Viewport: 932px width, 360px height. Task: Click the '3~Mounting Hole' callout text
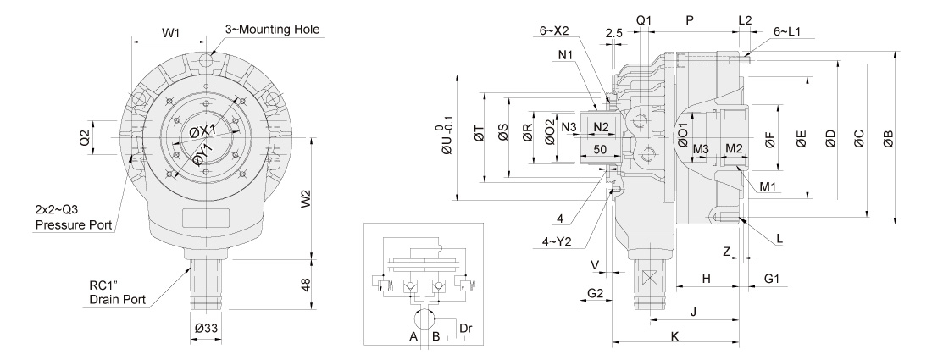(270, 29)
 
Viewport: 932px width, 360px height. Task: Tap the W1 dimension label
(172, 33)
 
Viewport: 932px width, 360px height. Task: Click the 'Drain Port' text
(119, 299)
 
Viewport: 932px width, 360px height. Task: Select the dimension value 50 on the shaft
(601, 148)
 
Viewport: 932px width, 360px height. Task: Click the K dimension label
(675, 336)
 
